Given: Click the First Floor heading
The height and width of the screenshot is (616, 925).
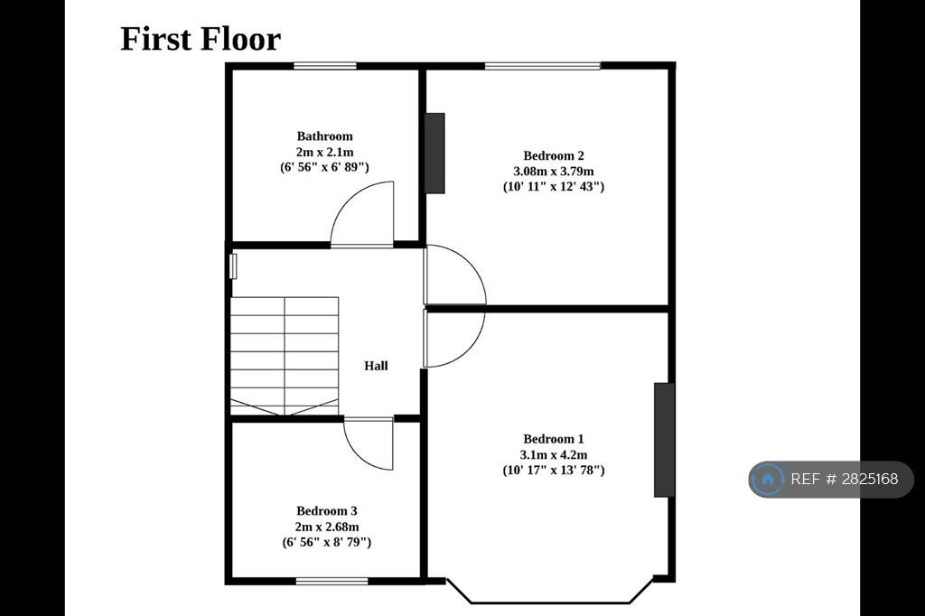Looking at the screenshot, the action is (201, 39).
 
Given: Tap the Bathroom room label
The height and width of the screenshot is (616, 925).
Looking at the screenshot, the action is (324, 136).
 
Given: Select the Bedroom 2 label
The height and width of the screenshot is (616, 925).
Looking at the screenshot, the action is (554, 155).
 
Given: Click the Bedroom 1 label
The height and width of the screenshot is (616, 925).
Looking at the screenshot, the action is (554, 439).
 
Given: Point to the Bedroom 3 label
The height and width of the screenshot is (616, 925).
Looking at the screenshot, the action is (327, 511).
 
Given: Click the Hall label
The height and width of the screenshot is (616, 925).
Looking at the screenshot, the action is (376, 366).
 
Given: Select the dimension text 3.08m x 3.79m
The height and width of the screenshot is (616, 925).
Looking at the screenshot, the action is (554, 172).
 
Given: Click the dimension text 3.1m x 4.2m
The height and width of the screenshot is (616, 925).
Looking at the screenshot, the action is (554, 455).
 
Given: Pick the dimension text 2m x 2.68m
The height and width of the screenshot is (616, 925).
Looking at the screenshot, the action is (327, 527).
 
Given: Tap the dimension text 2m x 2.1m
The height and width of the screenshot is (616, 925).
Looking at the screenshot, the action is (324, 153).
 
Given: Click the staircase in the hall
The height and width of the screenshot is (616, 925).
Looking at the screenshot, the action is (285, 357).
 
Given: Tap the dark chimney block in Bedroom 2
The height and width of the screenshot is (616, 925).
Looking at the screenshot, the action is (434, 154).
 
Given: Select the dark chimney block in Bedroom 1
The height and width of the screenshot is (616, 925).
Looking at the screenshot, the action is (664, 440).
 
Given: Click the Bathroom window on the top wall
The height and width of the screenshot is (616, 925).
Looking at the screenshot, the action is (325, 66).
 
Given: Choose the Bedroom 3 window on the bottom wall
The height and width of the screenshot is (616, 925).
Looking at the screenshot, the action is (332, 581).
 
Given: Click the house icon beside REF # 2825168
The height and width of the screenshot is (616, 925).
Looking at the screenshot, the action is (768, 479).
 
